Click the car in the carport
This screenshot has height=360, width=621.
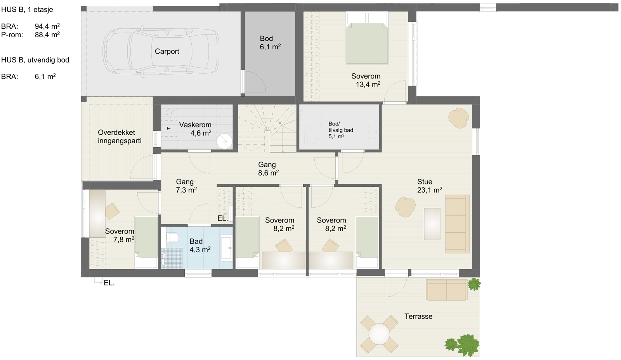pos(161,51)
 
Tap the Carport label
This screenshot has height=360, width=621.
pos(167,51)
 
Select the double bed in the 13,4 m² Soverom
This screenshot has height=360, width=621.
pos(367,38)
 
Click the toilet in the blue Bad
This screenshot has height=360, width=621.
pos(173,237)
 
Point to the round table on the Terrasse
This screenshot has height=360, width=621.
pos(379,334)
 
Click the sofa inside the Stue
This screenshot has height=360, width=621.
pos(458,224)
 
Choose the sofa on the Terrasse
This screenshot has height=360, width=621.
pos(447,290)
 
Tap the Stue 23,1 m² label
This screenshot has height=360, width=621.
pos(429,186)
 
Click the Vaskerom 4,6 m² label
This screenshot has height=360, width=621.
pos(195,129)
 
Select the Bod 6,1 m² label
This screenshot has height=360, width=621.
pos(270,43)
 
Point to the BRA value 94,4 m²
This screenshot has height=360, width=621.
pos(47,26)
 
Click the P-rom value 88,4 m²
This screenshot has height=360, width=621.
pos(47,35)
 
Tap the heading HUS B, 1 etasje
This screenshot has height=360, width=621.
pos(27,10)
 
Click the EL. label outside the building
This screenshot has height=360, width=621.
pos(109,283)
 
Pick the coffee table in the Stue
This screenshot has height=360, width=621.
pos(432,224)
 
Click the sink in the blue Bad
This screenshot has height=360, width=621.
pos(227,248)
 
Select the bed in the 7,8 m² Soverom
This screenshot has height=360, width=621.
pos(146,242)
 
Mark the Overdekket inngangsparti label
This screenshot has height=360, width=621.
pos(120,136)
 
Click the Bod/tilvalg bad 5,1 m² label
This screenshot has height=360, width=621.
pos(341,130)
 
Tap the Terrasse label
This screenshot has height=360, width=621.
pos(418,317)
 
